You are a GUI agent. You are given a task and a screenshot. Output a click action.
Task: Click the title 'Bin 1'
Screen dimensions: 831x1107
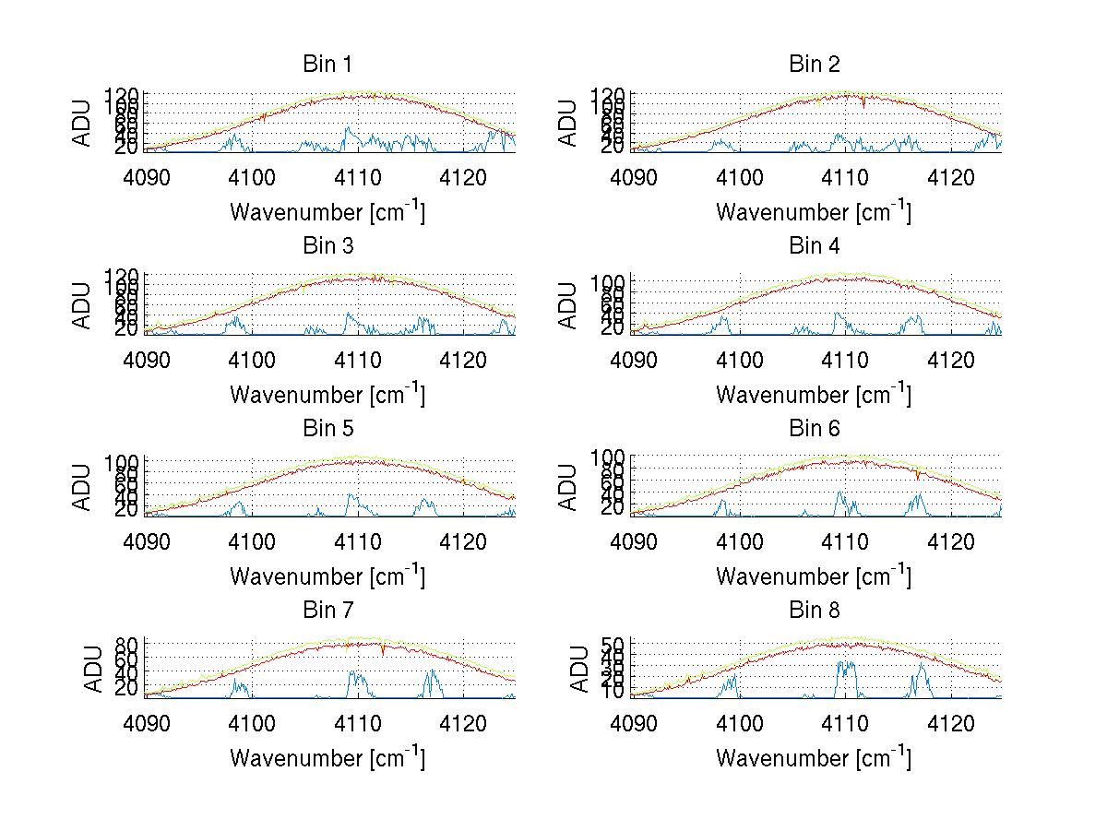[x=327, y=65]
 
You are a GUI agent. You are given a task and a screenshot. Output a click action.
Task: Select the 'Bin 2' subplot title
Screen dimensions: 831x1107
[x=815, y=65]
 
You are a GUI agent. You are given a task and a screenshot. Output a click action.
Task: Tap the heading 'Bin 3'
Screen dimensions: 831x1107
[x=327, y=246]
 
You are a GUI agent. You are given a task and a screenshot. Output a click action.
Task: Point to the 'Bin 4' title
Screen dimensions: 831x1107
[x=815, y=246]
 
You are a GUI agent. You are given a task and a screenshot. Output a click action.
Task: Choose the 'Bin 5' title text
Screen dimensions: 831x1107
[x=327, y=428]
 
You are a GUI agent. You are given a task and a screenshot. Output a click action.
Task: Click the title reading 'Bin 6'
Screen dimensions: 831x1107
[x=815, y=428]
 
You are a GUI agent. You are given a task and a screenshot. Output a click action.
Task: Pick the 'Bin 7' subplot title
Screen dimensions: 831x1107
[x=327, y=610]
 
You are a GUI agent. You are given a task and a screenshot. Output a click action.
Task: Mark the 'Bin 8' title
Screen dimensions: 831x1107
[x=815, y=610]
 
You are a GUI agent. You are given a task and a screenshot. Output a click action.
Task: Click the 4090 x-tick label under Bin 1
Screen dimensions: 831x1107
[x=147, y=178]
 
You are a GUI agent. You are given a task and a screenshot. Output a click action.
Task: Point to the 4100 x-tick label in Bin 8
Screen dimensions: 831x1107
[x=739, y=723]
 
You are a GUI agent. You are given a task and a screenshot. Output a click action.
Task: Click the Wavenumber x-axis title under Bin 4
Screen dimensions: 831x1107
[x=814, y=394]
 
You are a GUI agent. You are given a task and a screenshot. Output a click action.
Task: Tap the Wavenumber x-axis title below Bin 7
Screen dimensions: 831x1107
[x=327, y=757]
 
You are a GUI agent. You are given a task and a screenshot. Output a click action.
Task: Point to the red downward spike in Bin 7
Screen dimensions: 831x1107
[x=382, y=651]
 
